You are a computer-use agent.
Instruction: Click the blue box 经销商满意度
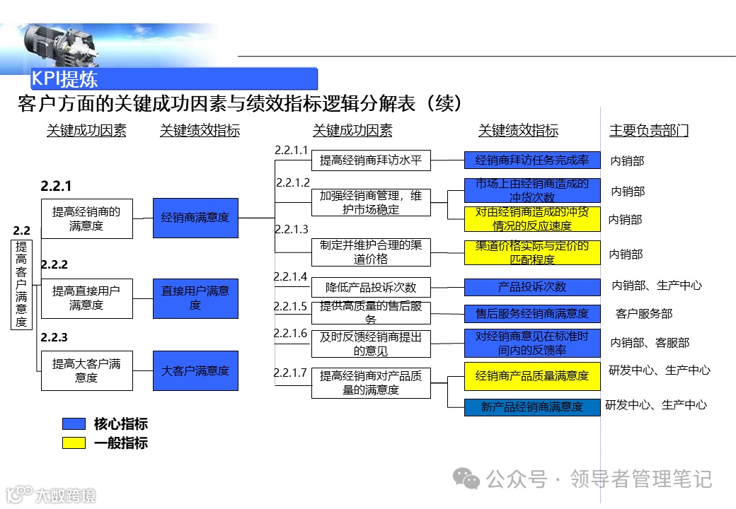coord(195,218)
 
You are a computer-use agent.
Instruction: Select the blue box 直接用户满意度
coord(195,298)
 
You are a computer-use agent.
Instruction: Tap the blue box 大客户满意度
coord(195,370)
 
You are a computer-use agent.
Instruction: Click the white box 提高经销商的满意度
coord(86,218)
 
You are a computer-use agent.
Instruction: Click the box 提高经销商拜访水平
coord(371,160)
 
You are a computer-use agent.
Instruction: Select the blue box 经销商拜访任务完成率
coord(532,160)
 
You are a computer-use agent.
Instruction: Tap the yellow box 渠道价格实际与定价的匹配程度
coord(532,253)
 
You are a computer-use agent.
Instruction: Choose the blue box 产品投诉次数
coord(532,287)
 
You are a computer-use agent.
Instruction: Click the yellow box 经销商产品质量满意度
coord(532,376)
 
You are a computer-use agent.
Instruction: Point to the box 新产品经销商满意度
coord(532,407)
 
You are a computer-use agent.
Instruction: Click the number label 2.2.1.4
coord(291,276)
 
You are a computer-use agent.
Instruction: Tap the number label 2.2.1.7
coord(291,373)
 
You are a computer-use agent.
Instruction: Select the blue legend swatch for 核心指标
coord(74,424)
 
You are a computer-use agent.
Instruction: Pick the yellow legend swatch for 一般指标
coord(74,443)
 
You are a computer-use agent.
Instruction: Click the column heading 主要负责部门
coord(649,131)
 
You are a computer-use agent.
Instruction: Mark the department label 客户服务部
coord(644,314)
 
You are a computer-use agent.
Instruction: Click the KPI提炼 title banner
coord(173,78)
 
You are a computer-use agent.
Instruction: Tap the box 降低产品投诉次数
coord(371,287)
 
